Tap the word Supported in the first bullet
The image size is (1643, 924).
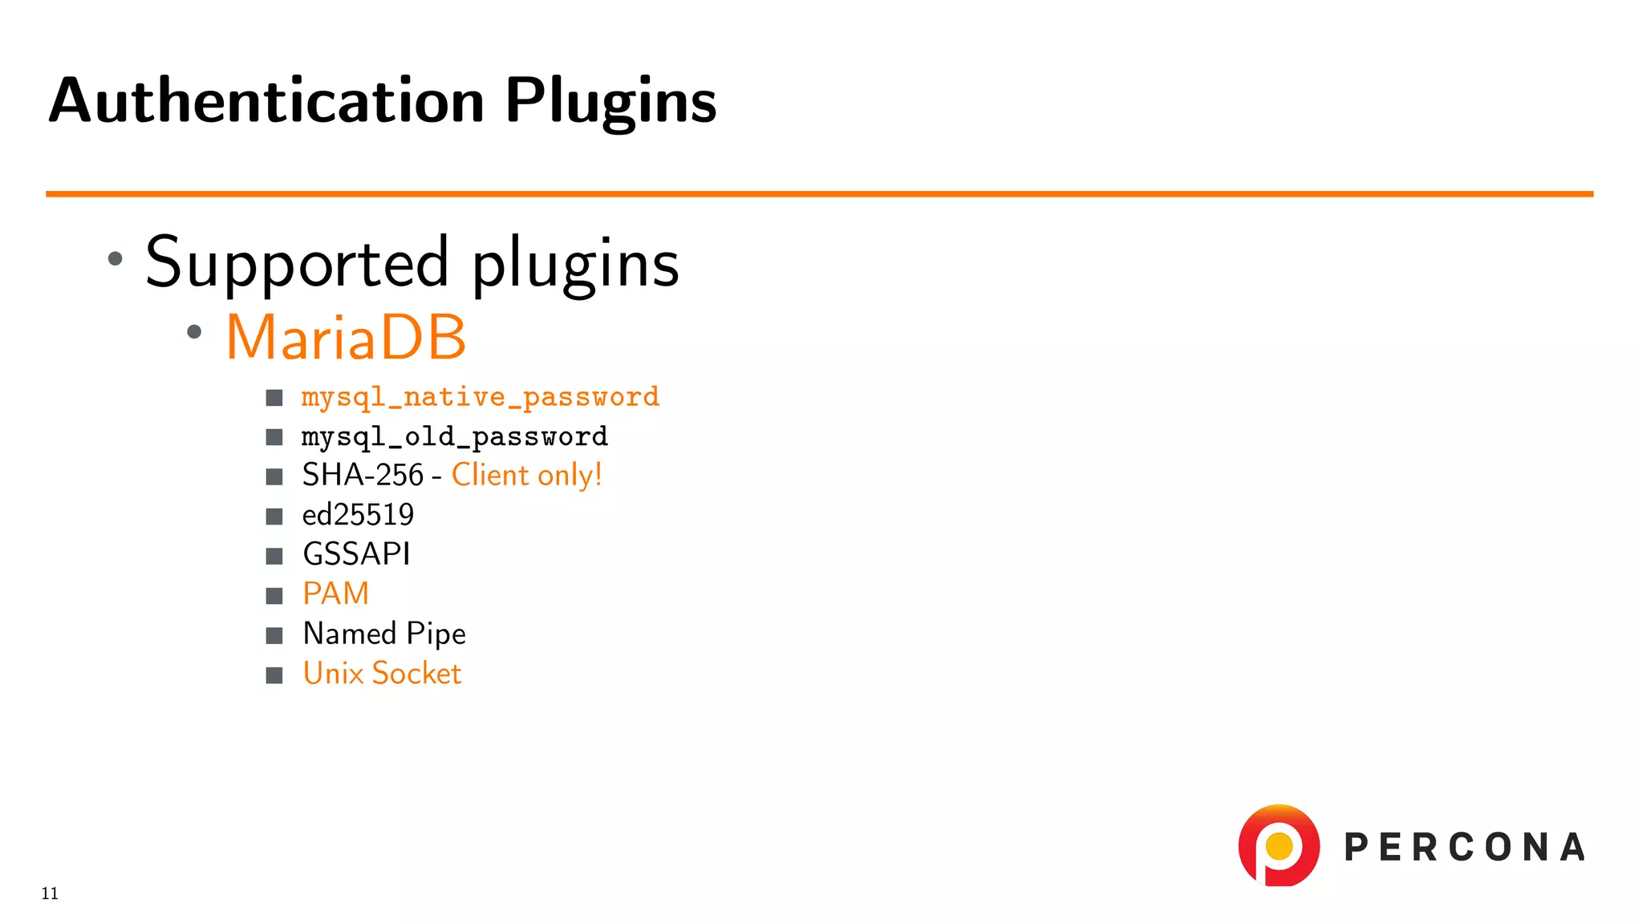[297, 263]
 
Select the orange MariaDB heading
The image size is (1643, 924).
[346, 337]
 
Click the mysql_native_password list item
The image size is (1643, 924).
[480, 397]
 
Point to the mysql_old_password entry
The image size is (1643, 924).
[454, 437]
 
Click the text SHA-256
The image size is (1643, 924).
[363, 476]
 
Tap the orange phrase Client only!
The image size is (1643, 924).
[526, 476]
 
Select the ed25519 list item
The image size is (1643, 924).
[358, 515]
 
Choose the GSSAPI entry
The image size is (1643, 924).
[356, 554]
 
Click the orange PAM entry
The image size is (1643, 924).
[335, 594]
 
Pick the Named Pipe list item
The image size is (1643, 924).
[383, 634]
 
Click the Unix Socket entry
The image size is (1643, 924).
[382, 674]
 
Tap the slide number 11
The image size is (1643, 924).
[50, 894]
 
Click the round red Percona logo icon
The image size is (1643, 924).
[1279, 846]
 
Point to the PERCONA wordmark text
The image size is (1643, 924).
[1464, 848]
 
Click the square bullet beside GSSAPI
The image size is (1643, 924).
[274, 556]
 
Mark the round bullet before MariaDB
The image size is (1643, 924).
[194, 332]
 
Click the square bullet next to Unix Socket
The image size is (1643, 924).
[274, 675]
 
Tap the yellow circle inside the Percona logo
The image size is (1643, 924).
[1279, 845]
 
